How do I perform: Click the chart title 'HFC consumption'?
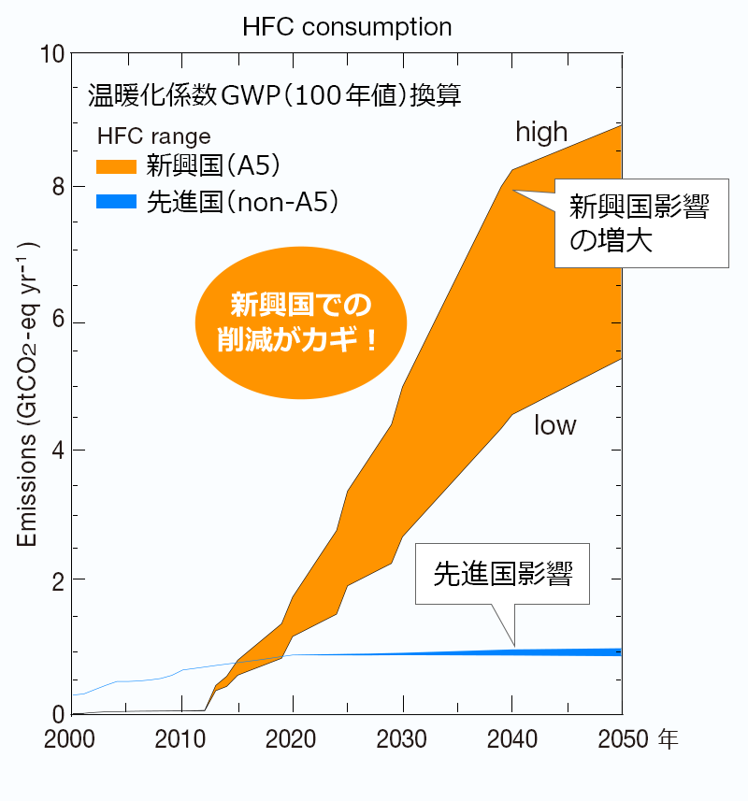pyautogui.click(x=346, y=26)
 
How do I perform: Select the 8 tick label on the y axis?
pyautogui.click(x=57, y=187)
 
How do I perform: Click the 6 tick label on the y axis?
pyautogui.click(x=57, y=322)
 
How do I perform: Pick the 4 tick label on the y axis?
pyautogui.click(x=57, y=451)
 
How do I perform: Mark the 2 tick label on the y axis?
pyautogui.click(x=57, y=580)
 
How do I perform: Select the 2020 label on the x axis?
pyautogui.click(x=293, y=740)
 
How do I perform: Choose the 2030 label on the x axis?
pyautogui.click(x=402, y=740)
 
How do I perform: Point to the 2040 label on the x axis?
pyautogui.click(x=512, y=740)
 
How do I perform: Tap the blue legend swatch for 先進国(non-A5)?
pyautogui.click(x=118, y=201)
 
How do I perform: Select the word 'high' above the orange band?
pyautogui.click(x=541, y=133)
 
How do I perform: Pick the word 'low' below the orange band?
pyautogui.click(x=554, y=426)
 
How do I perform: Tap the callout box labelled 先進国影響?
pyautogui.click(x=503, y=574)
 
